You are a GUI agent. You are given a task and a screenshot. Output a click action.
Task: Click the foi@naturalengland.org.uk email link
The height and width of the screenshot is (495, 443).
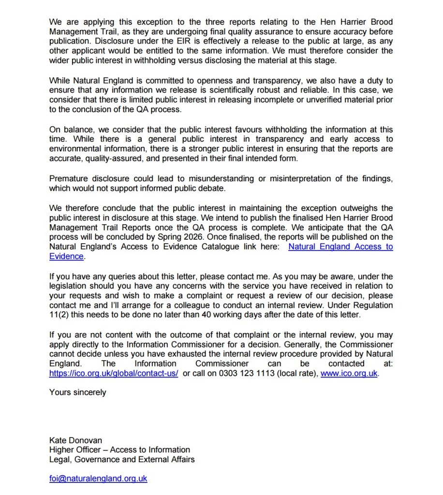pos(98,479)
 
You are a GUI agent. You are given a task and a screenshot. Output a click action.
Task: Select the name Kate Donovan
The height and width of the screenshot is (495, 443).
pos(75,440)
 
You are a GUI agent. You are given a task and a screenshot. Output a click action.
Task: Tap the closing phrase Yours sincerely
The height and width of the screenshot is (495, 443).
pos(77,392)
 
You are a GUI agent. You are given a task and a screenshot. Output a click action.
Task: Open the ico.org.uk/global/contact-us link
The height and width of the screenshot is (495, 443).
pos(114,373)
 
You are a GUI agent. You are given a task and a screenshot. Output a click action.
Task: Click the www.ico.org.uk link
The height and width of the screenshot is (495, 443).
pos(349,373)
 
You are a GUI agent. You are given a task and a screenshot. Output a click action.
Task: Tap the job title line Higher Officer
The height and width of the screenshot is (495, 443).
pos(119,450)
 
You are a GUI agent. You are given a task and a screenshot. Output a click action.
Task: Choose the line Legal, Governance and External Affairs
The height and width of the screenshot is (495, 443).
pos(122,459)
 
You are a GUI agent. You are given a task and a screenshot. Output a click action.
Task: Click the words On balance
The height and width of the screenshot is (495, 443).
pos(71,130)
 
